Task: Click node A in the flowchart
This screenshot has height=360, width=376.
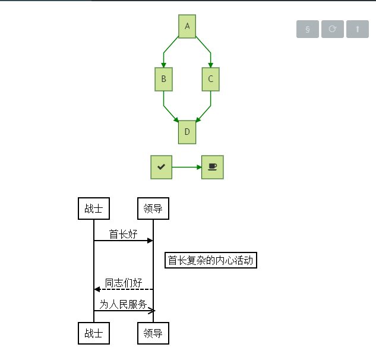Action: click(187, 26)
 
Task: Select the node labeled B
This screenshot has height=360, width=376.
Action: click(163, 79)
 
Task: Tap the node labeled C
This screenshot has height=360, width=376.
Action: click(211, 79)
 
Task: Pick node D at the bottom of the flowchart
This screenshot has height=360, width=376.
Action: click(187, 132)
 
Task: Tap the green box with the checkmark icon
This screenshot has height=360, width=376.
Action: click(161, 167)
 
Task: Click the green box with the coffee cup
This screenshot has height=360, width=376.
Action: click(213, 167)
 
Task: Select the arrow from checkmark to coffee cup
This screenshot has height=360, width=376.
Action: click(187, 167)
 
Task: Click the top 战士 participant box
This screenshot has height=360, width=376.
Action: click(94, 209)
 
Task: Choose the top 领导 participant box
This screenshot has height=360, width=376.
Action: click(153, 209)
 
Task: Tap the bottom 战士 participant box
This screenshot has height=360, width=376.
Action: click(94, 333)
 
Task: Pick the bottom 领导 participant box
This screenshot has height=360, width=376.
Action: click(153, 333)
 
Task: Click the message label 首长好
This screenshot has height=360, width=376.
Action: click(124, 234)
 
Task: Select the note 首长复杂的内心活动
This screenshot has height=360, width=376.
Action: click(211, 260)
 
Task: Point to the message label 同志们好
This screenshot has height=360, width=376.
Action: click(124, 283)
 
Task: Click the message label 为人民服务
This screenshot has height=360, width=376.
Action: click(124, 304)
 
